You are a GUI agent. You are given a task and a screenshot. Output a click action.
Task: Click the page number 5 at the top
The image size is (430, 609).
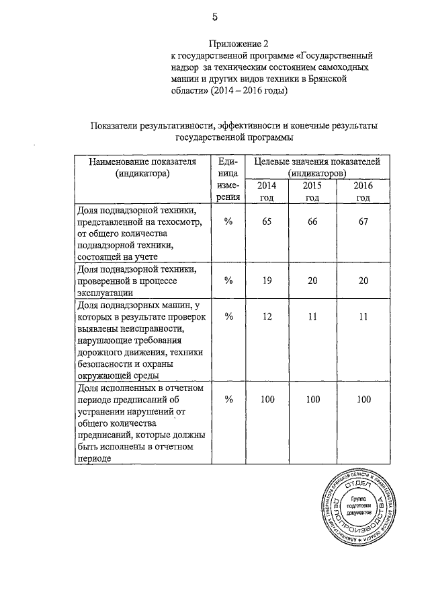click(x=214, y=17)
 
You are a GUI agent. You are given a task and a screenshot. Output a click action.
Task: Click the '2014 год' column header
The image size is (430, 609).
click(x=267, y=191)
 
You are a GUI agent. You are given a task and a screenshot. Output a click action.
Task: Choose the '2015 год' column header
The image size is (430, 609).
click(x=312, y=191)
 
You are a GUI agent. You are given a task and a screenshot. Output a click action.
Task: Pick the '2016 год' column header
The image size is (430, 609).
click(x=363, y=191)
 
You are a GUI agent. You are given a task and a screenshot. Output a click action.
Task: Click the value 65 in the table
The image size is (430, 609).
click(x=267, y=223)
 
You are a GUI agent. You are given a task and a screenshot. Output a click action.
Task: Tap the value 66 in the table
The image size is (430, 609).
click(x=312, y=223)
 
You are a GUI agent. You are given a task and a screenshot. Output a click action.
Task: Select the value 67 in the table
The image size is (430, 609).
click(x=363, y=223)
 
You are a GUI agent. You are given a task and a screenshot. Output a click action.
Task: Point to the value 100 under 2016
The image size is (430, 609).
click(x=363, y=400)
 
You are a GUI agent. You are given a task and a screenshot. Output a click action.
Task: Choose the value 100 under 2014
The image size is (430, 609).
click(x=267, y=400)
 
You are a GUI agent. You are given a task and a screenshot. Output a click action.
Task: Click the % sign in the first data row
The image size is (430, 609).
click(x=228, y=223)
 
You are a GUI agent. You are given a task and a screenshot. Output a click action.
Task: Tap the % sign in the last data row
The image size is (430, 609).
click(x=228, y=400)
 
